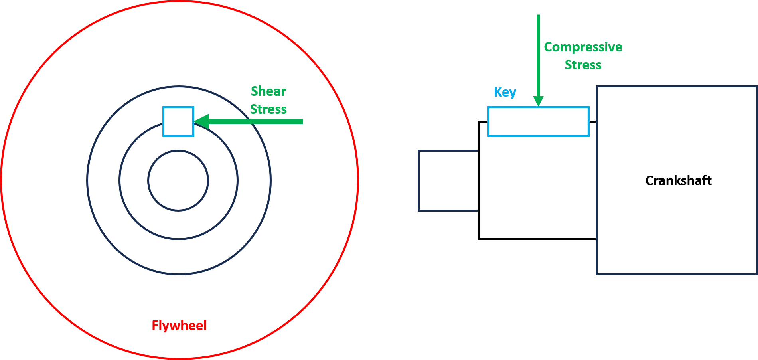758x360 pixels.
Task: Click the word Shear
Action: pos(268,91)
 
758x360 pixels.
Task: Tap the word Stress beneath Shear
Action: pos(268,109)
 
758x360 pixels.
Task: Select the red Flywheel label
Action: pos(179,326)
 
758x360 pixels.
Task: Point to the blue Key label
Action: pos(505,93)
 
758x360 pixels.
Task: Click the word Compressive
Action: pos(583,47)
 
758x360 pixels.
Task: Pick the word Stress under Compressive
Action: pos(583,65)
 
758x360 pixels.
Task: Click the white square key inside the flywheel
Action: pos(178,122)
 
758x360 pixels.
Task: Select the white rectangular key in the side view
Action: pos(538,122)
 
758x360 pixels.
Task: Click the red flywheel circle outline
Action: pos(356,180)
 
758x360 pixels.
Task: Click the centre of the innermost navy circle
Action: pos(178,180)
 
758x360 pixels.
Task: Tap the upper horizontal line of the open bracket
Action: pos(447,151)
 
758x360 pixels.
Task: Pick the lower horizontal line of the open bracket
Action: pos(447,210)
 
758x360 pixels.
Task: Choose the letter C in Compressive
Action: pos(550,47)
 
